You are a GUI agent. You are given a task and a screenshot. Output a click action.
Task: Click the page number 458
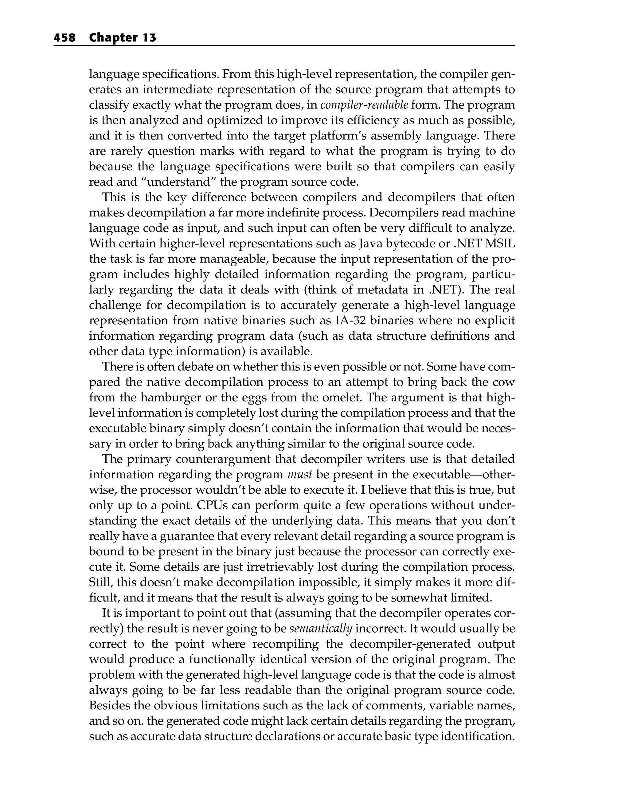pos(64,38)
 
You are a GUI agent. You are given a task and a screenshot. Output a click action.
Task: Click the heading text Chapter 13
pos(123,38)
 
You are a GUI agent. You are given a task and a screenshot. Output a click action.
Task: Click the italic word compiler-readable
pos(364,105)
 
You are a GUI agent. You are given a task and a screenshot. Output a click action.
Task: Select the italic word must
pos(299,474)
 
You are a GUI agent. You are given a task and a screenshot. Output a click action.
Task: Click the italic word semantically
pos(320,628)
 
